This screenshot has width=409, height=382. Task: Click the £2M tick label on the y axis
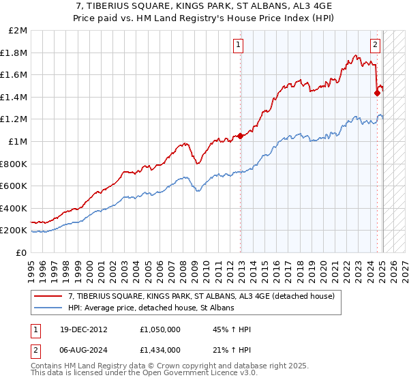[x=18, y=31]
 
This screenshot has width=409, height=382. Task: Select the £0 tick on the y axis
[x=21, y=252]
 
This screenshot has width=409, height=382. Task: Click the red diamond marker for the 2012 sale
[x=240, y=136]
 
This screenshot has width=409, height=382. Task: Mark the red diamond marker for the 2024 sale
[x=377, y=93]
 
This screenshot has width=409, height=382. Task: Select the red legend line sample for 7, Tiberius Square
[x=48, y=296]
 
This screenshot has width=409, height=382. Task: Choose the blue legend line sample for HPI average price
[x=48, y=308]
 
